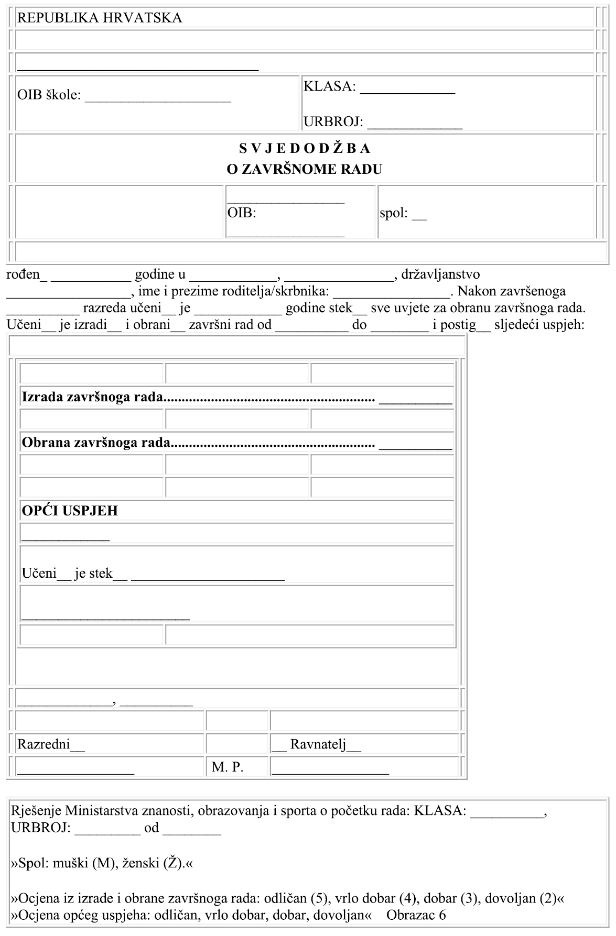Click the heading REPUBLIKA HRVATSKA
pyautogui.click(x=100, y=18)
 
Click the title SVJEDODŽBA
pyautogui.click(x=305, y=149)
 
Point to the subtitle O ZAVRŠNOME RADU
pyautogui.click(x=305, y=169)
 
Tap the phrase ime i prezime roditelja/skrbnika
pyautogui.click(x=233, y=291)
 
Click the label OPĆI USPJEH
pyautogui.click(x=70, y=511)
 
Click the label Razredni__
pyautogui.click(x=51, y=744)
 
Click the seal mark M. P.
pyautogui.click(x=228, y=768)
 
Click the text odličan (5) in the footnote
pyautogui.click(x=297, y=899)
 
